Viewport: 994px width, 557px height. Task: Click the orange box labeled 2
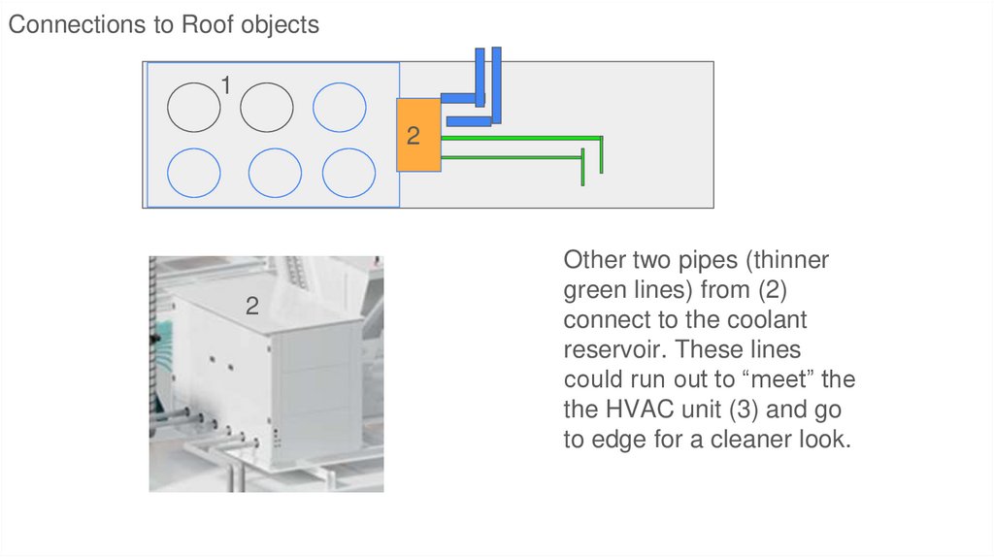coord(418,135)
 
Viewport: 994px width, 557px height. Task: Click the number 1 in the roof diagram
coord(225,86)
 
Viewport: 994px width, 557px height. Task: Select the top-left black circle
coord(193,106)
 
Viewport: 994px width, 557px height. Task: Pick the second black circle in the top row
coord(266,106)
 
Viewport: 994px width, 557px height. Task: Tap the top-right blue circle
coord(340,106)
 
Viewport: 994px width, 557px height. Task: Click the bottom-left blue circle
coord(193,174)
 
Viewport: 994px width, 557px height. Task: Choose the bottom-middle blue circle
coord(275,174)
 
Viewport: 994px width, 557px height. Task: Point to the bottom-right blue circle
coord(348,174)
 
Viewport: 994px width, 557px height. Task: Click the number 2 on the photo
coord(252,307)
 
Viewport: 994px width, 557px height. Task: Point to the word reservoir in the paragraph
coord(611,349)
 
